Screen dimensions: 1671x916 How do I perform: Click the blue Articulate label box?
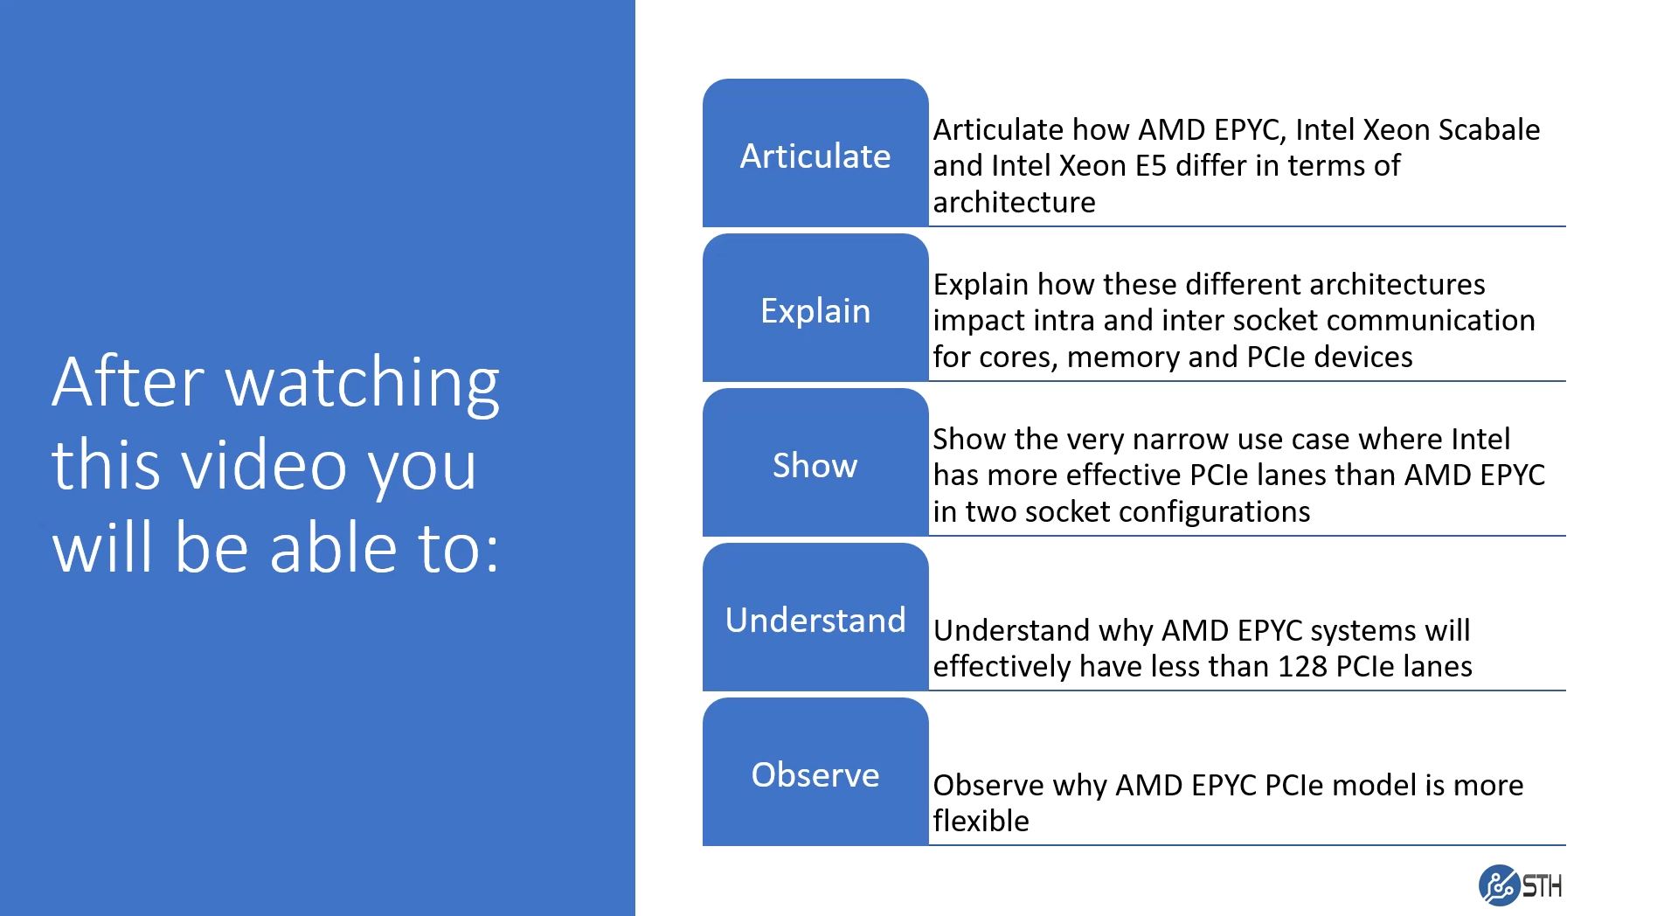[815, 153]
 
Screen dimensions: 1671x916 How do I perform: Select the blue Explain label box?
[815, 308]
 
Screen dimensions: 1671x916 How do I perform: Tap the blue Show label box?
[815, 462]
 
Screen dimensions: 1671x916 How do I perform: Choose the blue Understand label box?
[815, 617]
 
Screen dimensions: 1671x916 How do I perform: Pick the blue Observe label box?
[815, 772]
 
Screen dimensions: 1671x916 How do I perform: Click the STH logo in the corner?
[1520, 885]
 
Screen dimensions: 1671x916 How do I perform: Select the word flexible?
[981, 821]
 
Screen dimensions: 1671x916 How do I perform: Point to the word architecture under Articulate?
[1014, 202]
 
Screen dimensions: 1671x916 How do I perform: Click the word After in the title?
[128, 382]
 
